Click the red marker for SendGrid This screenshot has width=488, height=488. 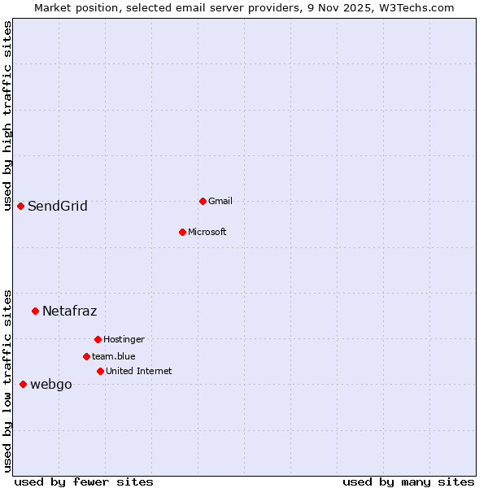(x=20, y=206)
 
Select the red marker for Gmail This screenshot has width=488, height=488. (x=203, y=201)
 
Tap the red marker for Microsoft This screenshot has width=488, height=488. (x=182, y=232)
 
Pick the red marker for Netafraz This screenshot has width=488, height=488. (x=35, y=311)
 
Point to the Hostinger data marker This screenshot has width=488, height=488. (x=98, y=339)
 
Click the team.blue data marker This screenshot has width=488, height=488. (x=86, y=356)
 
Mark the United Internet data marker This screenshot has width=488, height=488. (x=100, y=371)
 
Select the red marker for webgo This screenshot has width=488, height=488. (x=23, y=384)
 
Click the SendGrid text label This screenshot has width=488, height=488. (x=58, y=207)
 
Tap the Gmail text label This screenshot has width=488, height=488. (x=220, y=202)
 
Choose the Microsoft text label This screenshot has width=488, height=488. (x=207, y=233)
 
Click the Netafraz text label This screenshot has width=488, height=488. (x=70, y=312)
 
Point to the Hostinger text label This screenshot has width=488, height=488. (x=124, y=340)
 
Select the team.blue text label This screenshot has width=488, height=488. (x=114, y=357)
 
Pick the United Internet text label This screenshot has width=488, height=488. (x=139, y=372)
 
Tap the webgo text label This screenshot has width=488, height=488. (x=51, y=385)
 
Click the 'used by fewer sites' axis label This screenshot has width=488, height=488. (x=84, y=482)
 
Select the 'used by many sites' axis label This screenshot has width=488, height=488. (x=408, y=482)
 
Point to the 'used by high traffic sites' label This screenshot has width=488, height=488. (x=8, y=115)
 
